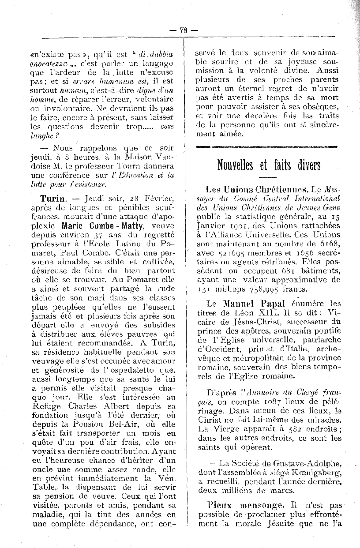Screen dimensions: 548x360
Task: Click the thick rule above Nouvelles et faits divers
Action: (x=267, y=146)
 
